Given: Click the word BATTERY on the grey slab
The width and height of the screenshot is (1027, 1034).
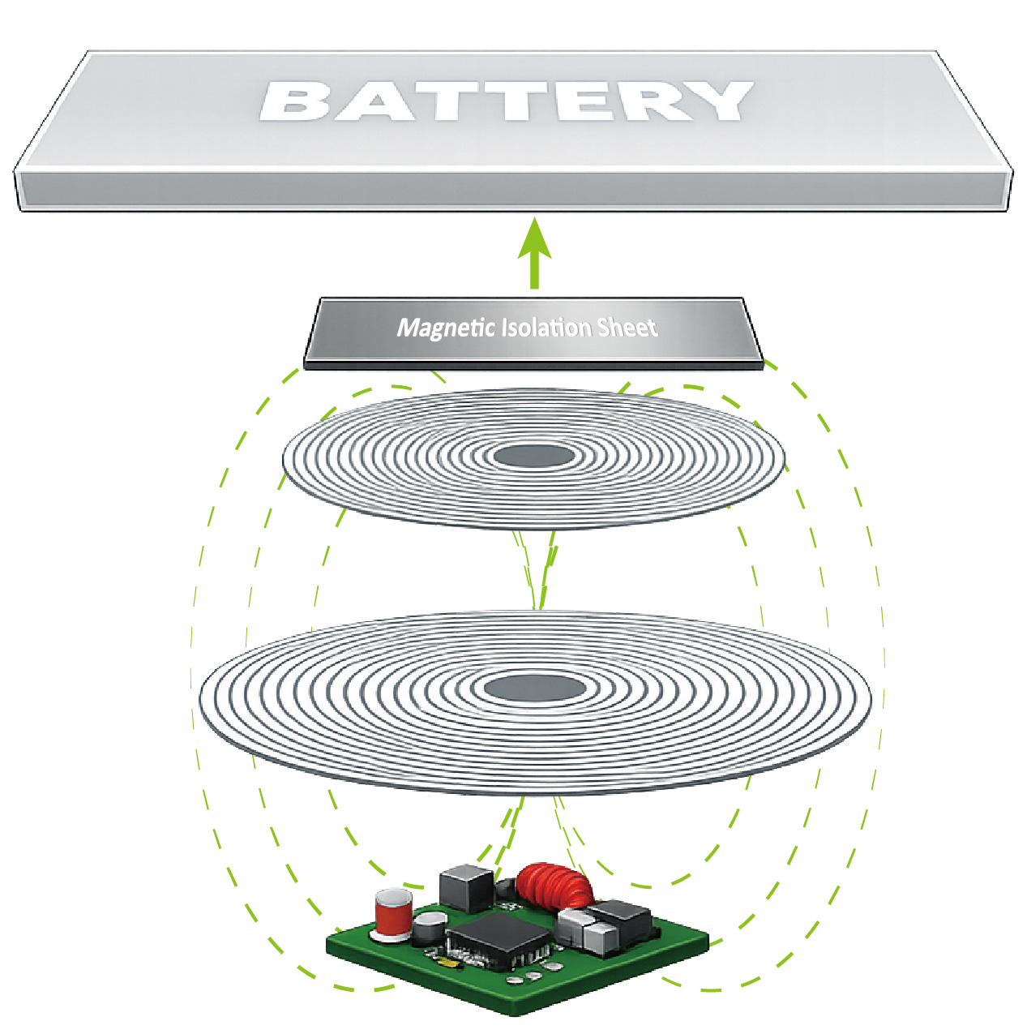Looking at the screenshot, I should point(506,101).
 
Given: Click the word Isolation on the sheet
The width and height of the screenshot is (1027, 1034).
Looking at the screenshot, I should point(547,328).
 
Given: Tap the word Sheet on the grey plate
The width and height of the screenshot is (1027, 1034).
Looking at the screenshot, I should point(627,328).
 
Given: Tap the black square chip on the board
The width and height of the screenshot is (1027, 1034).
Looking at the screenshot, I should point(499,934).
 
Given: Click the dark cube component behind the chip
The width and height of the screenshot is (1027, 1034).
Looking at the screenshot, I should point(466,886).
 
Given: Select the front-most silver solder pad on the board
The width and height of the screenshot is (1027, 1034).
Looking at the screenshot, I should point(514,981).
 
